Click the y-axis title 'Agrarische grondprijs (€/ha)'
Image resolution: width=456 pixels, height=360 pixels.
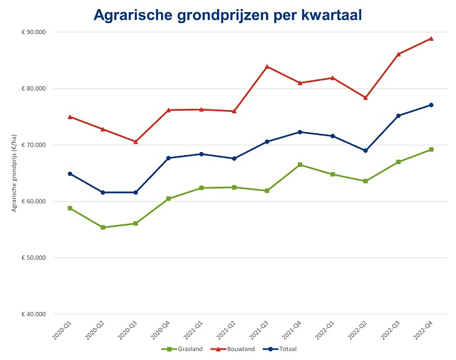13,173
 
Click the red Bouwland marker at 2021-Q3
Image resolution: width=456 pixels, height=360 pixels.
267,66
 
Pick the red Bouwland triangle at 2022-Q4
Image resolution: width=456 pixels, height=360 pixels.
431,38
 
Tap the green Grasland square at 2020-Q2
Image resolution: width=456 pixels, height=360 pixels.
103,227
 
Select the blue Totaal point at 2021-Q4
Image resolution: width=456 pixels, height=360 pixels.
300,132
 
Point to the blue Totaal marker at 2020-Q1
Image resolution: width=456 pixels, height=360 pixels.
70,174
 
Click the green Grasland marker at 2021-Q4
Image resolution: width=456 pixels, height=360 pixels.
300,165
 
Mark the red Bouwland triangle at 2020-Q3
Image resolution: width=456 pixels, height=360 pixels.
136,141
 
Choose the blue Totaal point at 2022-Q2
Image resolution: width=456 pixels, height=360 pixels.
365,150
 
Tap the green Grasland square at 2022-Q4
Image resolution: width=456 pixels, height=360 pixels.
431,150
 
